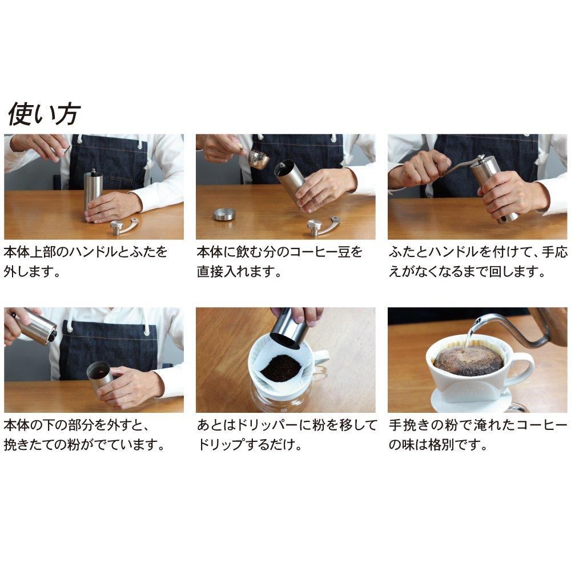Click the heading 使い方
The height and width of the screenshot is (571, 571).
click(x=43, y=114)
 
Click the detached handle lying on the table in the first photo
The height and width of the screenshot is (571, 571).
click(x=124, y=226)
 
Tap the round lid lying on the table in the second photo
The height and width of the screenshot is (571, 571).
click(x=224, y=214)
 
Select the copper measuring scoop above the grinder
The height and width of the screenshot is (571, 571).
click(x=258, y=159)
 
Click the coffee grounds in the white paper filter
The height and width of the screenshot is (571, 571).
click(x=280, y=367)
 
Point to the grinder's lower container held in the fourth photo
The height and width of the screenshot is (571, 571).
click(x=100, y=377)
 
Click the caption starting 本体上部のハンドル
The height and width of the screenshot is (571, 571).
click(x=86, y=252)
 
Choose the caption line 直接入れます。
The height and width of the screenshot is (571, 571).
click(x=239, y=271)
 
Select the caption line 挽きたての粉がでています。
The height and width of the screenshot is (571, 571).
click(x=84, y=445)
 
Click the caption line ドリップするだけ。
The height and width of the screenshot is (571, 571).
click(x=250, y=445)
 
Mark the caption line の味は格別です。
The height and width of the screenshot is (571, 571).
click(x=438, y=445)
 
